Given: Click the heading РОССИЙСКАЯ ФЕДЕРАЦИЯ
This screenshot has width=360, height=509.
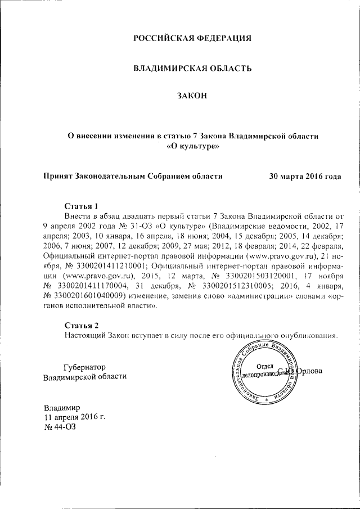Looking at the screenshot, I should click(191, 39).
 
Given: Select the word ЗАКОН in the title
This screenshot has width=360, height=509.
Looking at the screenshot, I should click(192, 96).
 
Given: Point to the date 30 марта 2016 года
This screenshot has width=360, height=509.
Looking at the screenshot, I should click(305, 175).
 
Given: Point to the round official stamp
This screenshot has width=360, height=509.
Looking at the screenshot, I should click(264, 371).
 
